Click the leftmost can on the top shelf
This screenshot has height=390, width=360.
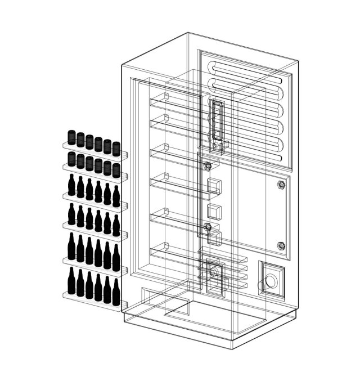point(72,137)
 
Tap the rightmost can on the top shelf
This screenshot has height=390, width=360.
point(116,149)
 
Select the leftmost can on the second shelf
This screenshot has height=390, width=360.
point(72,159)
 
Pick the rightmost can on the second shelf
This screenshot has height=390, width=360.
point(116,171)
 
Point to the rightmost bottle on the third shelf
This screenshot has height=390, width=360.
point(116,196)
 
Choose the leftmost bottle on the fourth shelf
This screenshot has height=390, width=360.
point(71,214)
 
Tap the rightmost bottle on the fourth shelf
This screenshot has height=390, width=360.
point(116,226)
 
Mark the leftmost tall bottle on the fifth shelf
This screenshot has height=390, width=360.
point(71,247)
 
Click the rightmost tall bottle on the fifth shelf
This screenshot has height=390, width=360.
point(116,258)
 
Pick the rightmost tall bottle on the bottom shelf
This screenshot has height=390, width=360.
point(116,292)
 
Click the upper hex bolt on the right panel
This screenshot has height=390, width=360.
point(281,185)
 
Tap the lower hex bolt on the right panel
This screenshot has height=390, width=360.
point(281,246)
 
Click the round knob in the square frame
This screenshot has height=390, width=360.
point(271,280)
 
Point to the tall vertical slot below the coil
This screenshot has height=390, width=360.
point(217,121)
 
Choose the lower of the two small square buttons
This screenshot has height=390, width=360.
point(213,212)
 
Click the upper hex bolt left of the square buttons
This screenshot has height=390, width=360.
point(208,167)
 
